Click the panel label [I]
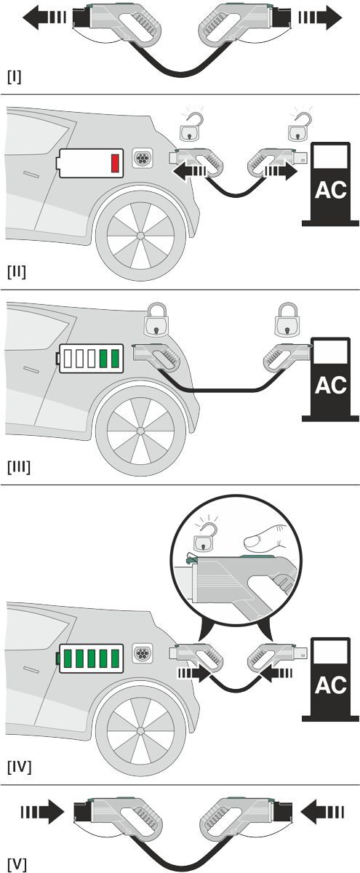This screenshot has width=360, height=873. pyautogui.click(x=15, y=77)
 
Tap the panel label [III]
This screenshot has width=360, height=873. pyautogui.click(x=19, y=466)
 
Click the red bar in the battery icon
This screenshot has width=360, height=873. pyautogui.click(x=115, y=163)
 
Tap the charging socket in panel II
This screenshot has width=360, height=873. pyautogui.click(x=143, y=159)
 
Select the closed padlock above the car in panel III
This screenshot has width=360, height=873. pyautogui.click(x=156, y=319)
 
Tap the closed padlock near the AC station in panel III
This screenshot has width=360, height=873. pyautogui.click(x=287, y=319)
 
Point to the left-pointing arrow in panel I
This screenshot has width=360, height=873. pyautogui.click(x=44, y=18)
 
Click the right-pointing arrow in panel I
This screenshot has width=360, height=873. pyautogui.click(x=320, y=18)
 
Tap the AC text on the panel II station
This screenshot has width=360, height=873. pyautogui.click(x=331, y=190)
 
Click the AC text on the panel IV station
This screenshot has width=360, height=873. pyautogui.click(x=331, y=685)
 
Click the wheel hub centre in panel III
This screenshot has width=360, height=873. pyautogui.click(x=140, y=431)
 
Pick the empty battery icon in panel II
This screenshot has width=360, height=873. pyautogui.click(x=90, y=163)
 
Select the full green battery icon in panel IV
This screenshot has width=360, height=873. pyautogui.click(x=90, y=658)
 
